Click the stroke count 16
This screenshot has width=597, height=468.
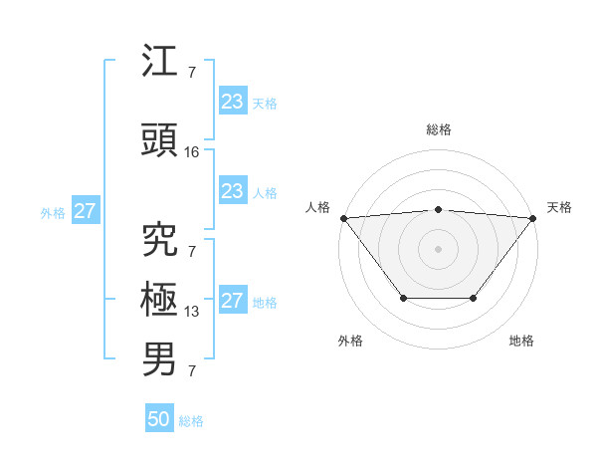[x=192, y=152]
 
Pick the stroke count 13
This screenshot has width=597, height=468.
[x=192, y=312]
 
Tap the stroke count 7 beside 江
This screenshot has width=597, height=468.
[x=191, y=73]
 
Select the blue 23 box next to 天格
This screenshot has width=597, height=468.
[x=233, y=101]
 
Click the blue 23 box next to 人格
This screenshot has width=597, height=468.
[x=233, y=191]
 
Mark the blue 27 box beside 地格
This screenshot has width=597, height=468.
[x=233, y=301]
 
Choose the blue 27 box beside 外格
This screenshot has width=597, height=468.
[x=86, y=211]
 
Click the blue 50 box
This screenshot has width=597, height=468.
[x=159, y=419]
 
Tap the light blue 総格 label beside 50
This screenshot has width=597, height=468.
[x=191, y=421]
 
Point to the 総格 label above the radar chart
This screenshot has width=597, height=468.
[x=438, y=129]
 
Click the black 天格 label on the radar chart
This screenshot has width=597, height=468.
[x=559, y=207]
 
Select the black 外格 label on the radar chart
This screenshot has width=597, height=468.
[x=350, y=341]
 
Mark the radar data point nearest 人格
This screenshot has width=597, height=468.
[x=343, y=218]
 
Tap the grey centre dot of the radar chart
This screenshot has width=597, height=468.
[x=438, y=248]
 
